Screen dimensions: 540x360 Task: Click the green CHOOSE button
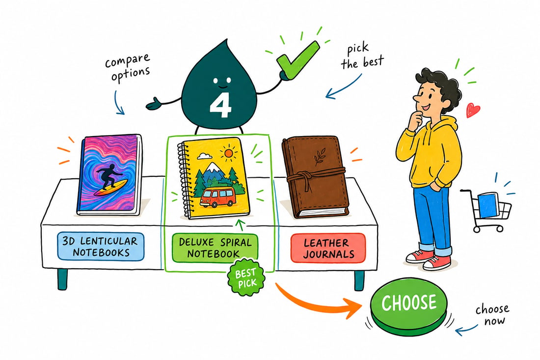click(409, 305)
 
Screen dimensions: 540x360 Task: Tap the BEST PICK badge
click(246, 277)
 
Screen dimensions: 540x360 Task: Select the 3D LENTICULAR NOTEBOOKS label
click(100, 247)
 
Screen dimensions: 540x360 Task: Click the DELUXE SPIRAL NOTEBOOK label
click(215, 248)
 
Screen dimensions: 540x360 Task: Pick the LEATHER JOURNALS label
click(328, 248)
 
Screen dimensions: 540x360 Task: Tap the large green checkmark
click(297, 59)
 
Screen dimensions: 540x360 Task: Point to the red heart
click(473, 110)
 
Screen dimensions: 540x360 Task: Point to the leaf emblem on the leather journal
click(320, 156)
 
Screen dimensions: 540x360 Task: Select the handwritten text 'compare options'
click(128, 67)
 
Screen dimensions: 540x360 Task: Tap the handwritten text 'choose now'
click(492, 314)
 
